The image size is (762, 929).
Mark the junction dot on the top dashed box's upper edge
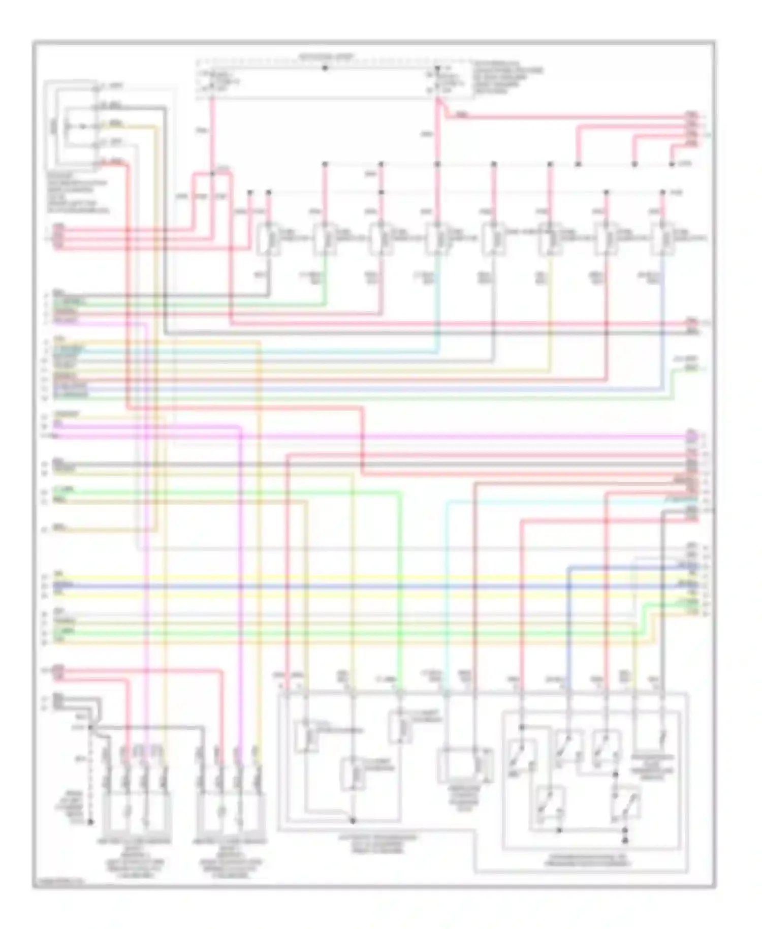pyautogui.click(x=325, y=68)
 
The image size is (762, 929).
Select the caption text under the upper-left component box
pyautogui.click(x=76, y=194)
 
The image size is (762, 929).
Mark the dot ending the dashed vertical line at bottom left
pyautogui.click(x=91, y=821)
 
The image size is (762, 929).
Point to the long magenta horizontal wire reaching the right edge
pyautogui.click(x=406, y=436)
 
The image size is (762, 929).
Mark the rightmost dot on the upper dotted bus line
pyautogui.click(x=672, y=164)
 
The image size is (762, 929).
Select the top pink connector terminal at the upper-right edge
pyautogui.click(x=692, y=115)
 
